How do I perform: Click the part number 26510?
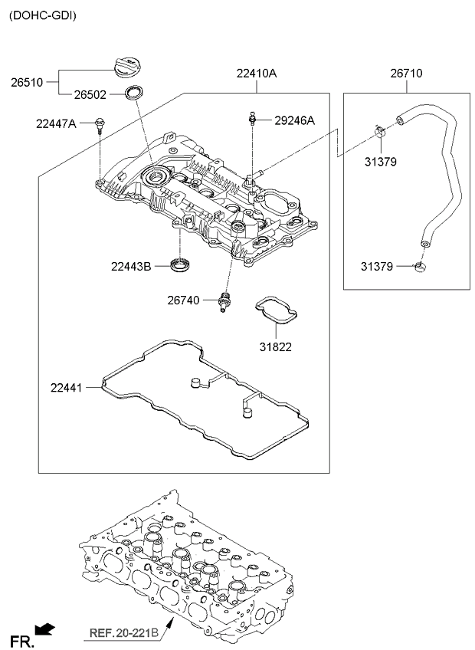pyautogui.click(x=27, y=82)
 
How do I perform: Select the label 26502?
pyautogui.click(x=90, y=95)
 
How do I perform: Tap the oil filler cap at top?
pyautogui.click(x=128, y=68)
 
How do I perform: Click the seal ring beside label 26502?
pyautogui.click(x=135, y=92)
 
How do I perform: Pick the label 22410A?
pyautogui.click(x=257, y=74)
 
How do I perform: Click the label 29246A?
pyautogui.click(x=294, y=120)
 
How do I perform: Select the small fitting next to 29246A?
pyautogui.click(x=252, y=118)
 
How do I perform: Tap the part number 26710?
pyautogui.click(x=406, y=74)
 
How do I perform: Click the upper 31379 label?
pyautogui.click(x=381, y=162)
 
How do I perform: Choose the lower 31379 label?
pyautogui.click(x=377, y=267)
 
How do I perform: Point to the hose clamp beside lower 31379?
pyautogui.click(x=421, y=267)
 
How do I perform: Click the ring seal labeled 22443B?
pyautogui.click(x=180, y=264)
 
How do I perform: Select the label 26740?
pyautogui.click(x=183, y=300)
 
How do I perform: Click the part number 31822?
pyautogui.click(x=276, y=346)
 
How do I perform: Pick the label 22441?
pyautogui.click(x=67, y=388)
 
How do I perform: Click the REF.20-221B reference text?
pyautogui.click(x=124, y=633)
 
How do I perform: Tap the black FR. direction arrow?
pyautogui.click(x=44, y=630)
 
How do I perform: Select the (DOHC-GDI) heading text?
pyautogui.click(x=43, y=16)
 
